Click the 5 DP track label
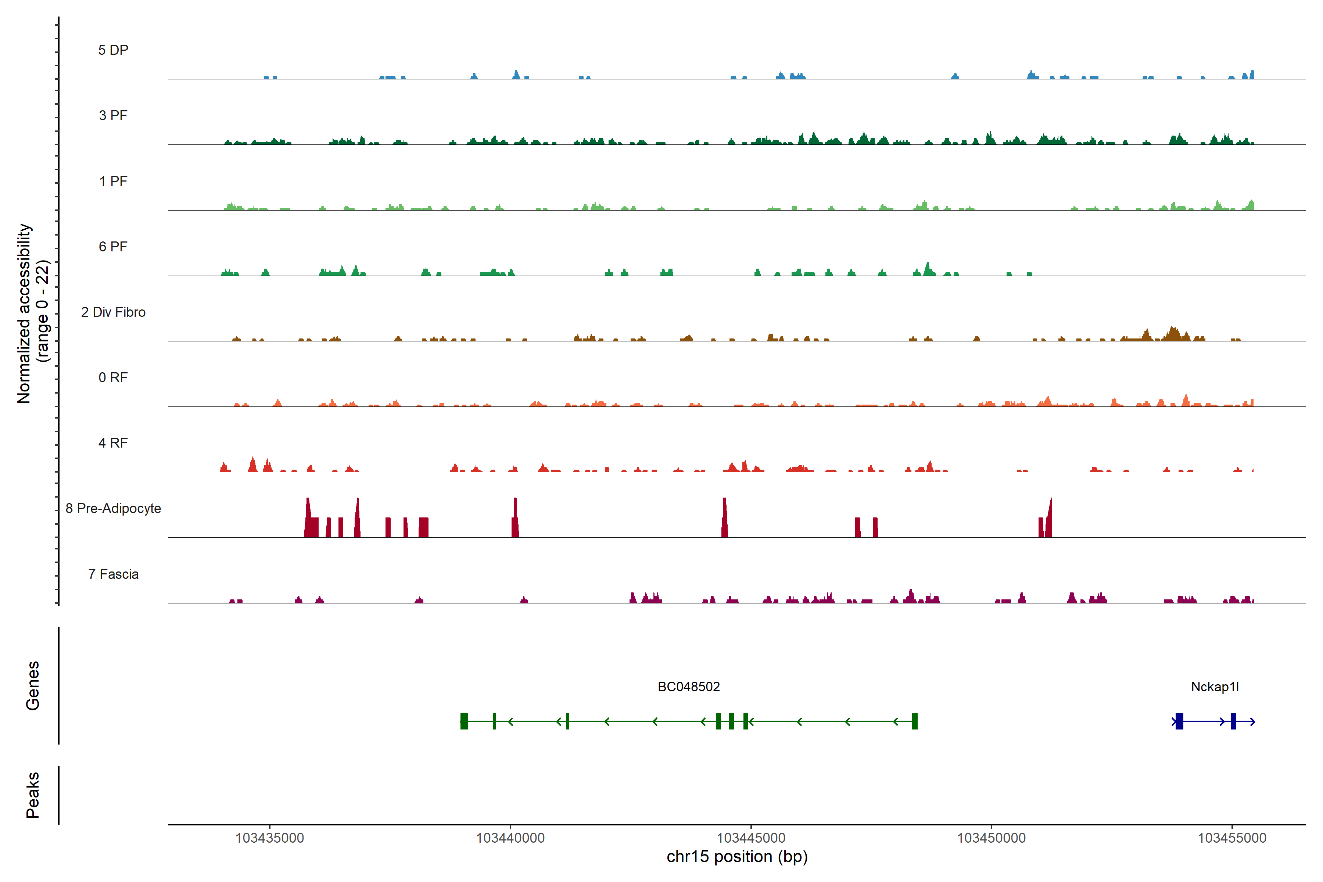point(113,50)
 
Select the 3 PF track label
point(113,115)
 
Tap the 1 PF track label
point(113,181)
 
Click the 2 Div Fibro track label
point(113,312)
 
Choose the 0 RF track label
point(113,377)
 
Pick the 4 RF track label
point(113,443)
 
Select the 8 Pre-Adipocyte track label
point(113,509)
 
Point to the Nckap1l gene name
point(1215,687)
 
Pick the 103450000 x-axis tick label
point(991,838)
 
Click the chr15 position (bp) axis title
point(737,857)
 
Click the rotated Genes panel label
point(33,686)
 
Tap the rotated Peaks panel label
point(33,795)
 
